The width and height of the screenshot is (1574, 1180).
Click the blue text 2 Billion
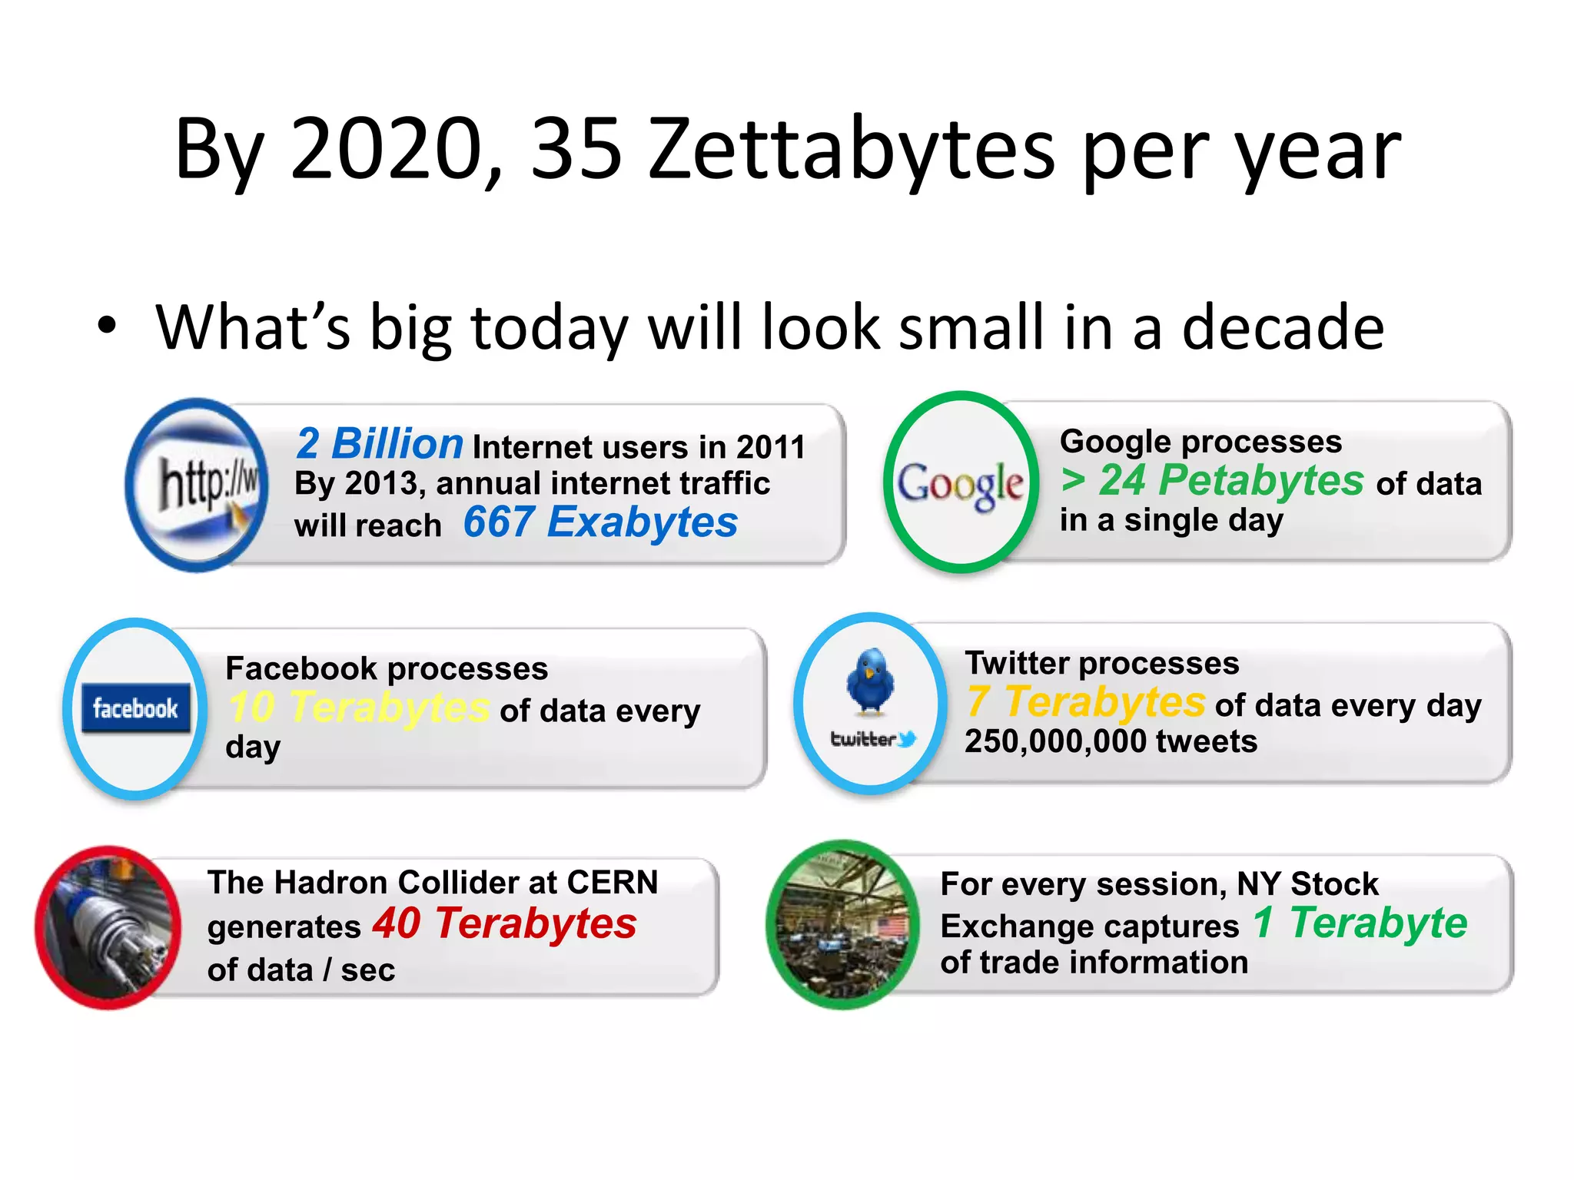pos(380,443)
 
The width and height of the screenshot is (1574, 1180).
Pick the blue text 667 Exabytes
pos(600,522)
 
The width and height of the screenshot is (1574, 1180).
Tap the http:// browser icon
pos(198,485)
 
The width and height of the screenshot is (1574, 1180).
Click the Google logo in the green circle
pos(960,483)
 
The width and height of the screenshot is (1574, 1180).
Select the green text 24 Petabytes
pos(1230,480)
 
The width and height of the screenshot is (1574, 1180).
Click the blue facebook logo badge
pos(136,708)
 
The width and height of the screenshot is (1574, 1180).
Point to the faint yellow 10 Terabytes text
pos(359,707)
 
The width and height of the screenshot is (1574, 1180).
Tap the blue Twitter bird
pos(870,679)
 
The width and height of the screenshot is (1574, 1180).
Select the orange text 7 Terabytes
pos(1086,701)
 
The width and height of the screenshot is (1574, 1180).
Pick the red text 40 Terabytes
pos(504,923)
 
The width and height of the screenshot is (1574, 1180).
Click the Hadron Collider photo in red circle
pos(108,927)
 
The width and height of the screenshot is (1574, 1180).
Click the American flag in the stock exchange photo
pos(892,926)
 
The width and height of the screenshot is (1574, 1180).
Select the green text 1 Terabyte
pos(1360,923)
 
